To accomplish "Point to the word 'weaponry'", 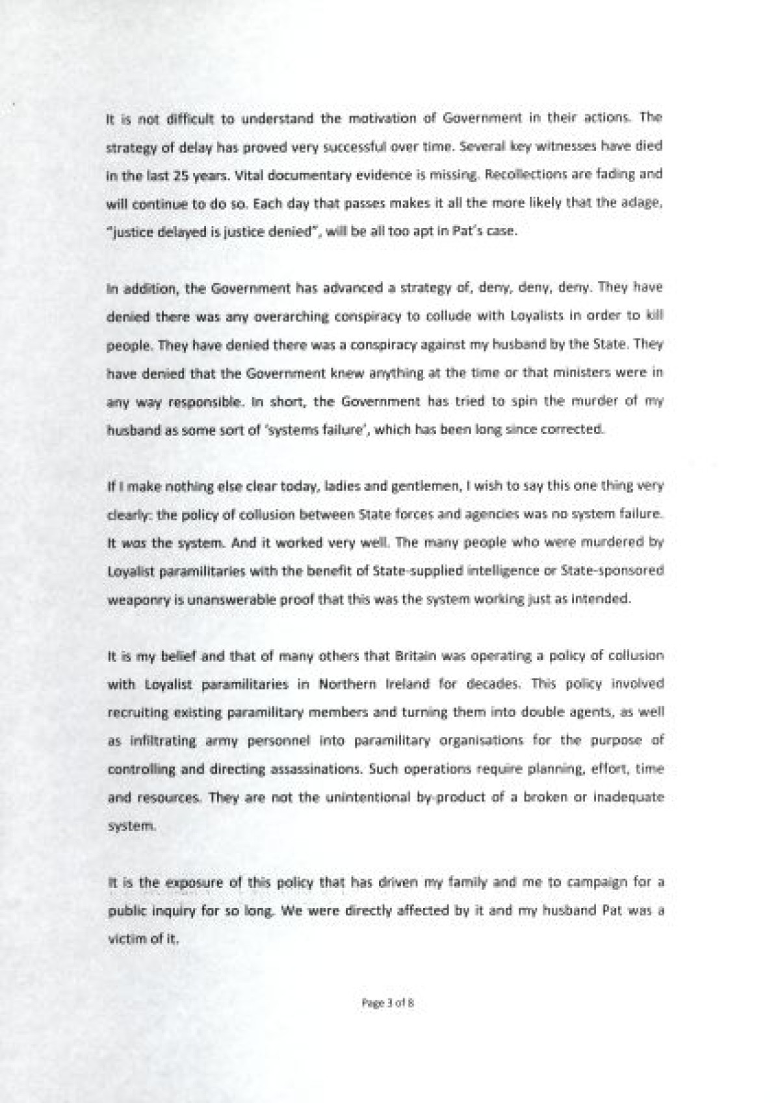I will [132, 600].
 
